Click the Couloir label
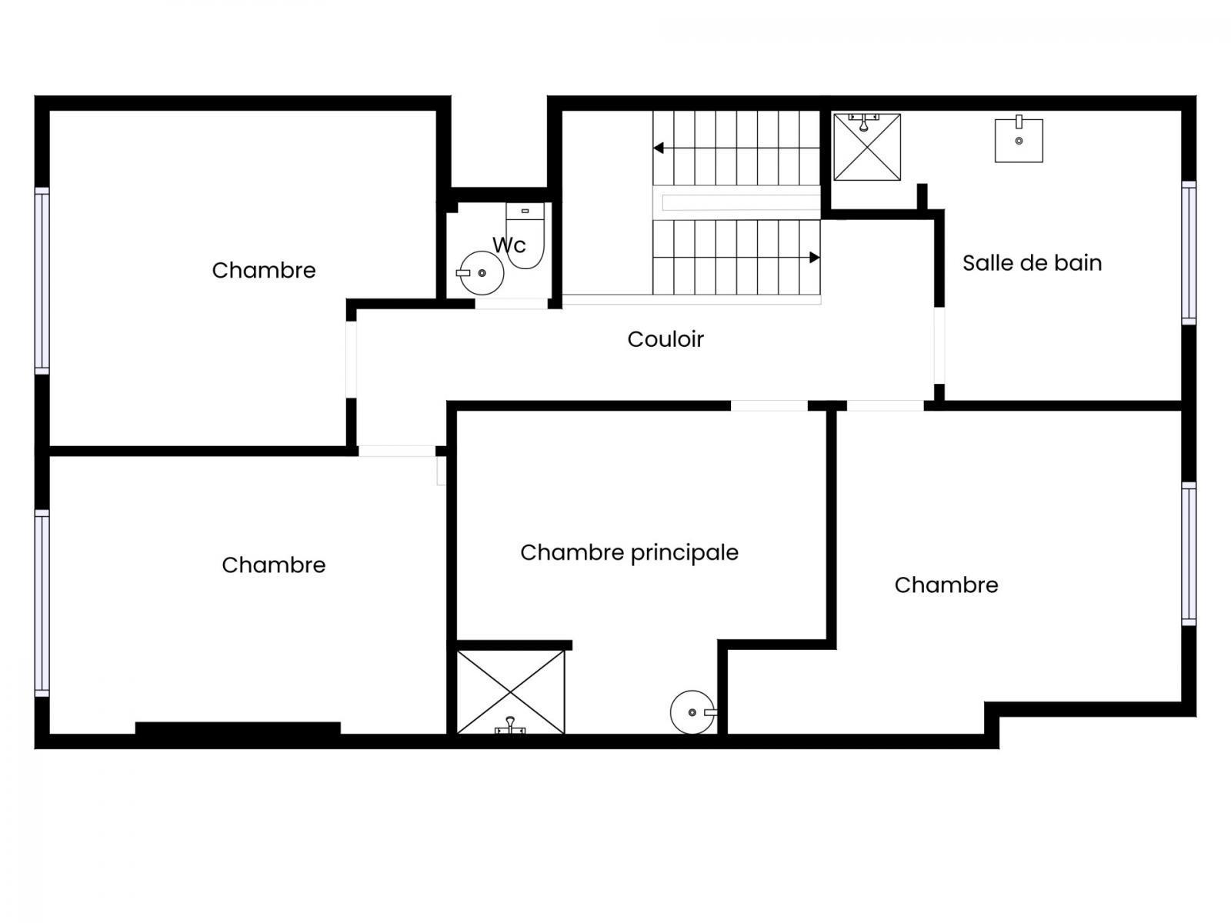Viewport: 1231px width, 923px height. (x=666, y=339)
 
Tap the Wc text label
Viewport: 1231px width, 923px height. (x=509, y=245)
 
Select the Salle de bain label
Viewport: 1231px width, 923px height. (x=1032, y=263)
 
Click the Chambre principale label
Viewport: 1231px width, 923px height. (x=629, y=553)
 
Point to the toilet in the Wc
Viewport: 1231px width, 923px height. (x=525, y=235)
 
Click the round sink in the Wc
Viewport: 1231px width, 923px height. (x=481, y=273)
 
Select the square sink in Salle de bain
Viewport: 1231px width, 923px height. (x=1019, y=139)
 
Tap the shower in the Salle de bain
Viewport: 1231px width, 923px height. (x=867, y=147)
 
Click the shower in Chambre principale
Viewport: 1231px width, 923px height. (x=510, y=692)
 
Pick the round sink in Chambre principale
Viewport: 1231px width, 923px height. (x=693, y=712)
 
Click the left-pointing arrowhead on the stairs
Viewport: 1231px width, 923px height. (x=659, y=148)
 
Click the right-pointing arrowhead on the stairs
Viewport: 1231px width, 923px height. (x=815, y=257)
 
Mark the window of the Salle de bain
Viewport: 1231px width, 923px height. (x=1189, y=253)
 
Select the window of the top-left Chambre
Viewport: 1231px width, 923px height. (x=42, y=280)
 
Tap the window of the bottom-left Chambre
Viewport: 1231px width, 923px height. (x=42, y=603)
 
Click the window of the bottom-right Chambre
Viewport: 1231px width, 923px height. (x=1189, y=554)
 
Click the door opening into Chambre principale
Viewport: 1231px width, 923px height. (x=769, y=406)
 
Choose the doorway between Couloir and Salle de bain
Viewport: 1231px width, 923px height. (x=939, y=346)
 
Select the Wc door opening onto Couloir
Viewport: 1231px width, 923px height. (x=512, y=304)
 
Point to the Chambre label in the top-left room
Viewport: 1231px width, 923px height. (x=264, y=271)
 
